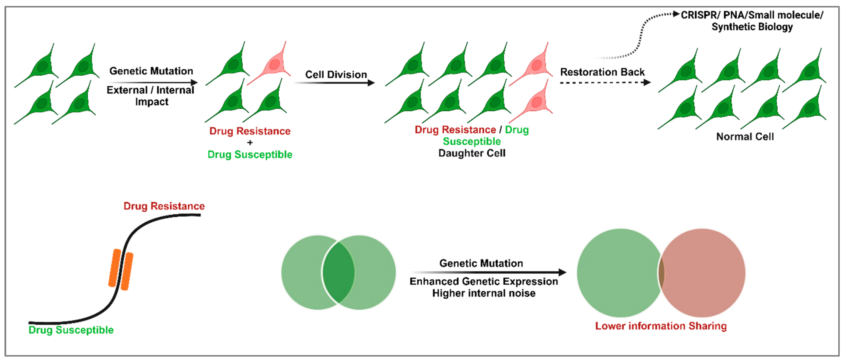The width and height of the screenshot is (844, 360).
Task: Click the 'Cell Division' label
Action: point(336,75)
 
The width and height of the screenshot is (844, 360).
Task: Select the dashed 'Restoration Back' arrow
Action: point(604,83)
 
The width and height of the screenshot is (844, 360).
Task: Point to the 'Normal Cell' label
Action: point(745,137)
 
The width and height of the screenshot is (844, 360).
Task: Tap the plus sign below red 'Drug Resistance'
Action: point(250,143)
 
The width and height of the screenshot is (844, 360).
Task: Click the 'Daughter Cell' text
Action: point(472,153)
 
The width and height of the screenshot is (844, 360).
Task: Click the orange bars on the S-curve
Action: point(121,270)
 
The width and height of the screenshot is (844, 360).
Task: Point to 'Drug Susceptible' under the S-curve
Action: point(71,330)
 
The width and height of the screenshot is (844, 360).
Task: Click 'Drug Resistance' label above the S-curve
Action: point(164,206)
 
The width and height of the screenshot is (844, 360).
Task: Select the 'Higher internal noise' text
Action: point(484,293)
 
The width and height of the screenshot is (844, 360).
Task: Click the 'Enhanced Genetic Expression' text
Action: point(484,281)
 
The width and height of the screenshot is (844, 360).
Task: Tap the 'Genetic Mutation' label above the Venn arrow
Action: point(481,263)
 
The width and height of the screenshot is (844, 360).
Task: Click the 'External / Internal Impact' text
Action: point(151,96)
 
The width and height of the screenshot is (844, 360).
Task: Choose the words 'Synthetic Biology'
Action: point(752,27)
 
